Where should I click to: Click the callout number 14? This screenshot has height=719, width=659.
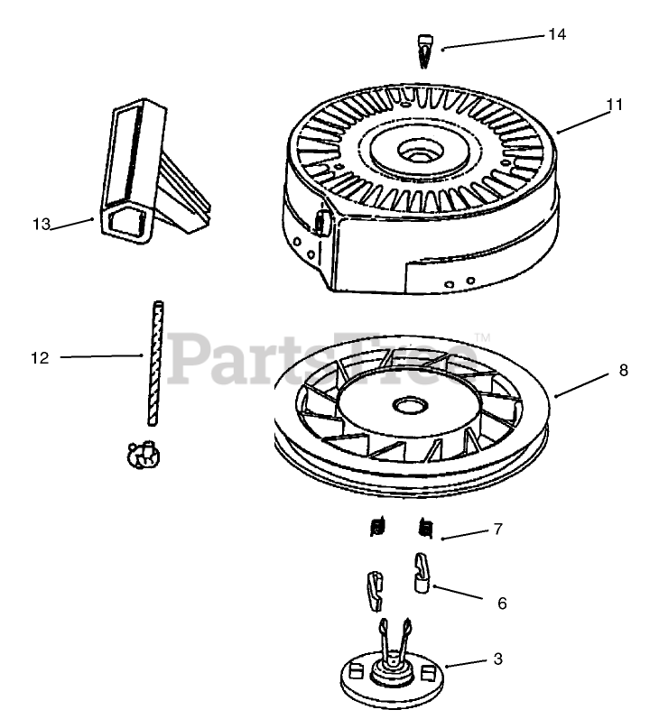coord(556,34)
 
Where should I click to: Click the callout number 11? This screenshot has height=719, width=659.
coord(614,105)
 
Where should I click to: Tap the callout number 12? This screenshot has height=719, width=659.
coord(39,358)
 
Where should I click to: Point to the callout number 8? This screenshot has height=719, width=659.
coord(623,370)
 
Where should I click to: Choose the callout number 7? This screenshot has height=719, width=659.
coord(497,530)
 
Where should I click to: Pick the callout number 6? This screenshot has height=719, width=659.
coord(502,603)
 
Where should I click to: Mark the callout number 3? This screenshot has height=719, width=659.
coord(497,659)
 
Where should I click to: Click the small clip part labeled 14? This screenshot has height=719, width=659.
coord(427,50)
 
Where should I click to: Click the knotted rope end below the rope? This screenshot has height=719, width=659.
coord(143,455)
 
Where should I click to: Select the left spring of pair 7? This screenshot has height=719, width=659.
coord(379,527)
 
